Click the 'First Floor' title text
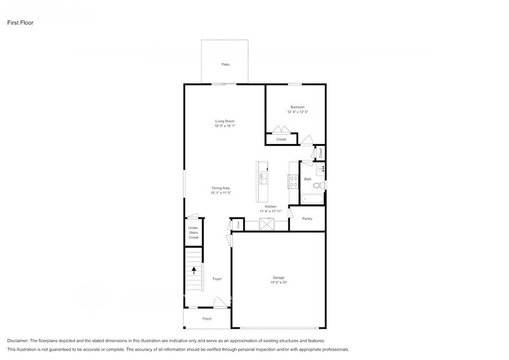pyautogui.click(x=20, y=23)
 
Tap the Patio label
pyautogui.click(x=225, y=64)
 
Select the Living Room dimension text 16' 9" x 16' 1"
pyautogui.click(x=224, y=126)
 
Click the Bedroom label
pyautogui.click(x=297, y=107)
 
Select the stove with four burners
pyautogui.click(x=293, y=181)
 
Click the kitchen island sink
pyautogui.click(x=263, y=178)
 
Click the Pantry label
pyautogui.click(x=307, y=219)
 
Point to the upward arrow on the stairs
pyautogui.click(x=195, y=269)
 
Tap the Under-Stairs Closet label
pyautogui.click(x=194, y=232)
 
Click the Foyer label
pyautogui.click(x=217, y=279)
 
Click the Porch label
pyautogui.click(x=206, y=319)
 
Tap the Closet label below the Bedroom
pyautogui.click(x=281, y=139)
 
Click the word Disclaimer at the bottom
pyautogui.click(x=21, y=340)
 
